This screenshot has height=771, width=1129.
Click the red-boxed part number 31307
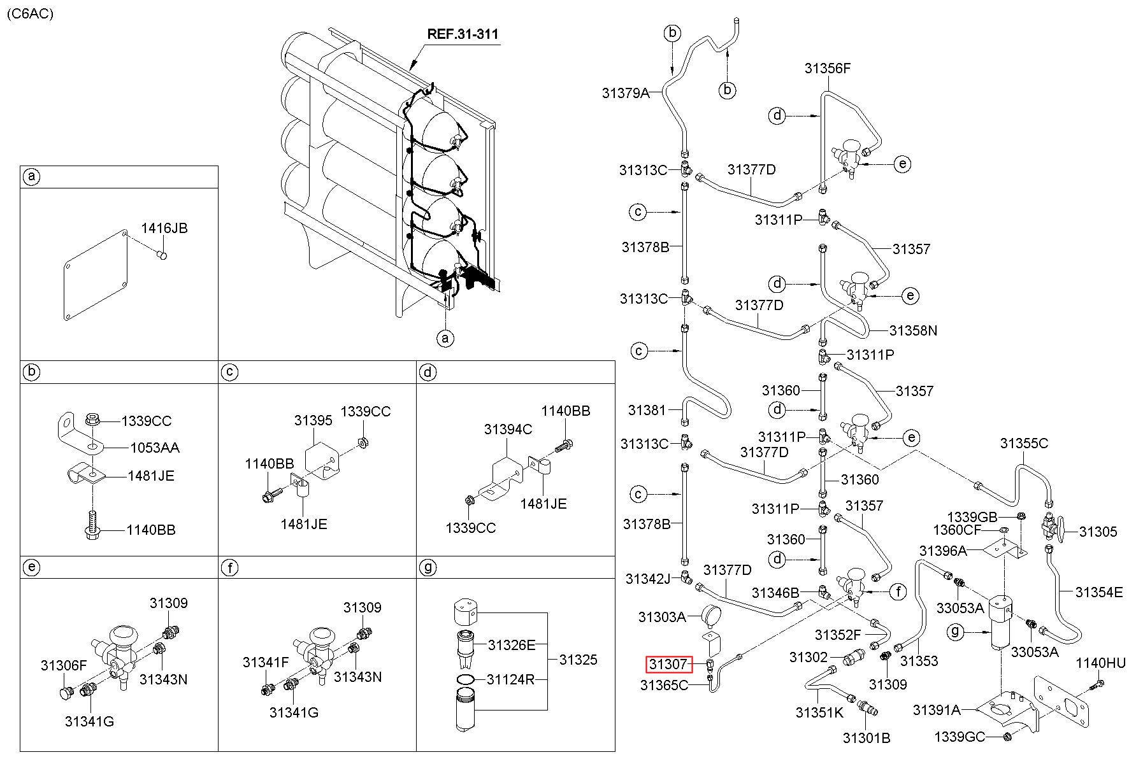pyautogui.click(x=668, y=664)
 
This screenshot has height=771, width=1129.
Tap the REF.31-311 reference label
pyautogui.click(x=462, y=33)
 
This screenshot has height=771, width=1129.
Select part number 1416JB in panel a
pyautogui.click(x=164, y=228)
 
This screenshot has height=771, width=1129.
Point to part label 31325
pyautogui.click(x=579, y=660)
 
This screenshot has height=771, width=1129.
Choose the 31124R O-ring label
pyautogui.click(x=511, y=679)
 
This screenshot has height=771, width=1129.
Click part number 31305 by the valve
pyautogui.click(x=1098, y=532)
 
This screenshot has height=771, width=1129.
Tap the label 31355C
pyautogui.click(x=1023, y=443)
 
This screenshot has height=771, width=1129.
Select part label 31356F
pyautogui.click(x=827, y=69)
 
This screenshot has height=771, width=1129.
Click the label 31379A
pyautogui.click(x=625, y=93)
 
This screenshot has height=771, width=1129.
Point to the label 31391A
pyautogui.click(x=936, y=709)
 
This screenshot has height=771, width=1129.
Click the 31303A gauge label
pyautogui.click(x=662, y=616)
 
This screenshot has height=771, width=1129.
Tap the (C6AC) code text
pyautogui.click(x=30, y=14)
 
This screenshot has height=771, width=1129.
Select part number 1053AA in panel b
pyautogui.click(x=155, y=448)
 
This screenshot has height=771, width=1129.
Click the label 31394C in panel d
pyautogui.click(x=508, y=429)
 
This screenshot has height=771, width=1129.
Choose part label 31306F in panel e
pyautogui.click(x=64, y=665)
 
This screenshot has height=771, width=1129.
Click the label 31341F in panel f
pyautogui.click(x=266, y=662)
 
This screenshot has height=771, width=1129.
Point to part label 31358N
pyautogui.click(x=913, y=330)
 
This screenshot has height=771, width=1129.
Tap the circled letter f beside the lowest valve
pyautogui.click(x=898, y=593)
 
